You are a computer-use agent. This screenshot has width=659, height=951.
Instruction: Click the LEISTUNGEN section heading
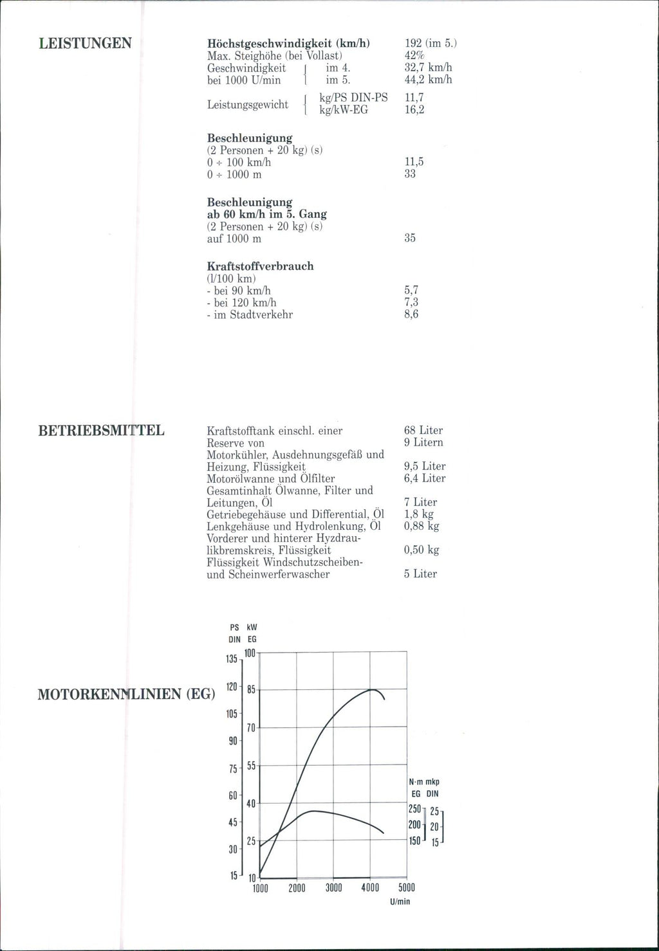[x=85, y=44]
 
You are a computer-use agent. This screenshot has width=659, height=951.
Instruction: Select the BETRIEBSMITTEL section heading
[x=102, y=430]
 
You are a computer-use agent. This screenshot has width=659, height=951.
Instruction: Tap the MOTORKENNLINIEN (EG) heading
[x=126, y=695]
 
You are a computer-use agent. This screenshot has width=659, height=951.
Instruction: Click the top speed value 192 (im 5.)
[x=431, y=44]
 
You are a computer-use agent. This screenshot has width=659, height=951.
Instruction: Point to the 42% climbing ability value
[x=414, y=56]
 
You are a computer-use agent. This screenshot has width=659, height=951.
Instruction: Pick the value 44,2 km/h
[x=428, y=80]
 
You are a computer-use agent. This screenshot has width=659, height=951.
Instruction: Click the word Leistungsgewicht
[x=248, y=104]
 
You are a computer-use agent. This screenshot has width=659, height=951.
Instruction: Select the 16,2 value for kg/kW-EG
[x=414, y=110]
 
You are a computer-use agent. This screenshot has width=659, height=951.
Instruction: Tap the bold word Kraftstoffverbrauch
[x=260, y=266]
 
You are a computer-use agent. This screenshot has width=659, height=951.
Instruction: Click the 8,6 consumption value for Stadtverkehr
[x=411, y=314]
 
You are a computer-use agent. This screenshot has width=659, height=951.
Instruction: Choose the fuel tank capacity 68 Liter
[x=423, y=430]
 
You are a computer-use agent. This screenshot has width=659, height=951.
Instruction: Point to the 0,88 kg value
[x=422, y=526]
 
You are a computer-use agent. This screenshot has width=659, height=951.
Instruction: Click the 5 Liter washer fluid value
[x=420, y=574]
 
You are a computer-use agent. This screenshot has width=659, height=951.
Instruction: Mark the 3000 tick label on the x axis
[x=333, y=888]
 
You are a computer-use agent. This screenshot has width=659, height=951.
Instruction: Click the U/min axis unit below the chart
[x=400, y=901]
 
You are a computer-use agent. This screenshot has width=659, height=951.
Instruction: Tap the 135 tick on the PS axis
[x=232, y=660]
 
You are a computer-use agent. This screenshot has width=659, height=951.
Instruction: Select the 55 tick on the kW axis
[x=251, y=766]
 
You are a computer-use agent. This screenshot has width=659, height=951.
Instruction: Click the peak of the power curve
[x=372, y=690]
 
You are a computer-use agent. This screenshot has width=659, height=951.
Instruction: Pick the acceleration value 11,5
[x=414, y=163]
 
